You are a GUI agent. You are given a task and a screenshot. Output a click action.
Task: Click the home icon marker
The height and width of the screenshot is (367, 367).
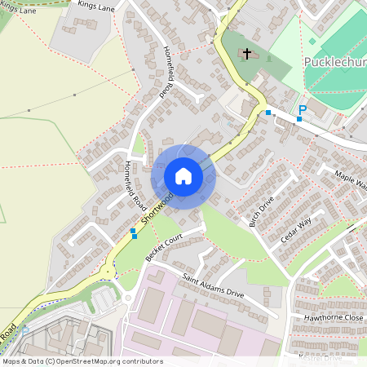pyautogui.click(x=183, y=176)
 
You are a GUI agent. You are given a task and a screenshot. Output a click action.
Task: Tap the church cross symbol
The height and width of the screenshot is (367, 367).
pyautogui.click(x=245, y=54)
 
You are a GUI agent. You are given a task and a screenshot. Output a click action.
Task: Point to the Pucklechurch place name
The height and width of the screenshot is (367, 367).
pyautogui.click(x=334, y=63)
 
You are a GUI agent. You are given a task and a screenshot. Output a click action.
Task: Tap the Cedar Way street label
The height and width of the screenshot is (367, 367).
pyautogui.click(x=296, y=226)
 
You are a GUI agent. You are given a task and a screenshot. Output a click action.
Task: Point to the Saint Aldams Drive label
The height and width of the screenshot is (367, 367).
pyautogui.click(x=213, y=285)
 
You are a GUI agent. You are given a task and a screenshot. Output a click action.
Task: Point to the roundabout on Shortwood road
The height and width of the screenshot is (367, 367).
pyautogui.click(x=108, y=271)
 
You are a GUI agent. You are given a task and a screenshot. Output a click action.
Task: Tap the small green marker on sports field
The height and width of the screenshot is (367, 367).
pyautogui.click(x=312, y=41)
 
